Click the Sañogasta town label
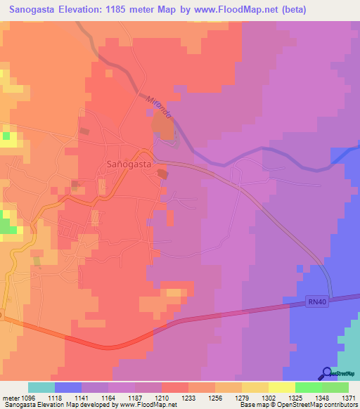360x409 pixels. [x=129, y=163]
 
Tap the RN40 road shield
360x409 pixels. [x=318, y=301]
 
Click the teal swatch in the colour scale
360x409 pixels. [x=41, y=387]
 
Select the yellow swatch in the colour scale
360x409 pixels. [x=281, y=387]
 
